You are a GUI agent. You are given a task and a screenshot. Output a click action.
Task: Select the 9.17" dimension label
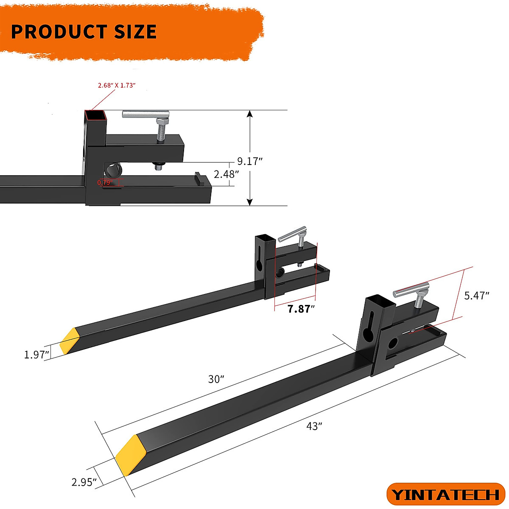[x=250, y=161]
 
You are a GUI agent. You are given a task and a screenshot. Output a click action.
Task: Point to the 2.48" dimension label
[x=226, y=174]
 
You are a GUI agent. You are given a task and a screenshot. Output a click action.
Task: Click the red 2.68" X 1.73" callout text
[x=116, y=85]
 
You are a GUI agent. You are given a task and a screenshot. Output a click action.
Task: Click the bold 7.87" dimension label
[x=301, y=309]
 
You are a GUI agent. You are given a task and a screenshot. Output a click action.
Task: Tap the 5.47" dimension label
[x=477, y=296]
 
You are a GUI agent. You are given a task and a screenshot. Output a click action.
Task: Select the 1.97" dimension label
[x=37, y=355]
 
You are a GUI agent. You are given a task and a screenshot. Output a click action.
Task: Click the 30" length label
[x=216, y=379]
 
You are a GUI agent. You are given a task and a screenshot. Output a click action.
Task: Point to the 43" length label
[x=314, y=426]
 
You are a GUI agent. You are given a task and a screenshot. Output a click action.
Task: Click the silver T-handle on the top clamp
[x=145, y=114]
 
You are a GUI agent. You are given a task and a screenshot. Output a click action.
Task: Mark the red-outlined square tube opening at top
[x=95, y=115]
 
